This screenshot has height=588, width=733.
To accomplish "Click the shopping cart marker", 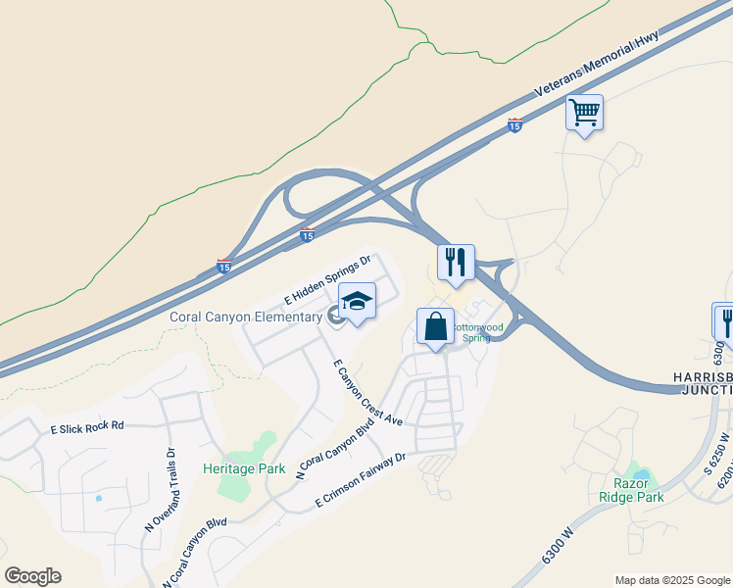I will coord(584,113).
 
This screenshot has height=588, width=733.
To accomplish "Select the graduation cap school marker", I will coord(357,302).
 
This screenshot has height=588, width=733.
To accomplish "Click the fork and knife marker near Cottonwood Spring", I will coord(456,263).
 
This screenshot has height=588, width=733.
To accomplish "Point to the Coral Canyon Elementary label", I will coord(246,317).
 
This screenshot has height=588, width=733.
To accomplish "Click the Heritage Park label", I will coord(244,468).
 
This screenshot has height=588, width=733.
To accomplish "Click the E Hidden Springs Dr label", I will coord(328,279).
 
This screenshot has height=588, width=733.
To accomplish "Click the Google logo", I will coord(32,576).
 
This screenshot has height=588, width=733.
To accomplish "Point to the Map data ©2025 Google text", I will coord(671,580).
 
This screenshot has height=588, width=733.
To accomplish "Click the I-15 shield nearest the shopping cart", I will coord(514,124).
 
